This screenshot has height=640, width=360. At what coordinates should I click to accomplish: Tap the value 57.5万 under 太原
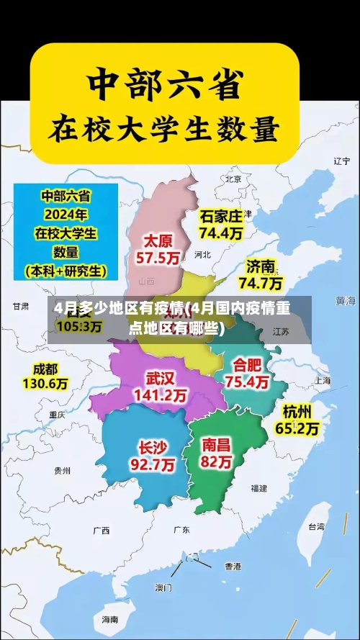(160, 258)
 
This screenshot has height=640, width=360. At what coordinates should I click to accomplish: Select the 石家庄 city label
(222, 216)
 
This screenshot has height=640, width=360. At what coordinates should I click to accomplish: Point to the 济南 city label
(261, 266)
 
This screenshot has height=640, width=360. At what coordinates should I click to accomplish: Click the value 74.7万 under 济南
(261, 282)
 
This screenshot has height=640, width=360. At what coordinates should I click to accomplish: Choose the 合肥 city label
(247, 365)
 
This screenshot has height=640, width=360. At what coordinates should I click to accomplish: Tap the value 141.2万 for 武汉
(160, 395)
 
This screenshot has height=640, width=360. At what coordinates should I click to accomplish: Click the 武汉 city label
(160, 378)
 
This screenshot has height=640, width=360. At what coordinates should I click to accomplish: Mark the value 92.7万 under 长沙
(152, 465)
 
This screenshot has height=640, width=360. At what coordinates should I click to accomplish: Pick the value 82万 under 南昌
(217, 461)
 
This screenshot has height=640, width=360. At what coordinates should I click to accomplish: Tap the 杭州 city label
(297, 412)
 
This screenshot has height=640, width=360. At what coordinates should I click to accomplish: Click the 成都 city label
(45, 369)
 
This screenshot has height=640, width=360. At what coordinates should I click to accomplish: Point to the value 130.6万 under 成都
(45, 384)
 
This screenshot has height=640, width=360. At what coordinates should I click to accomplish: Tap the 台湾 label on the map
(316, 526)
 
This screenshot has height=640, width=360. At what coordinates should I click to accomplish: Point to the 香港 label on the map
(232, 566)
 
